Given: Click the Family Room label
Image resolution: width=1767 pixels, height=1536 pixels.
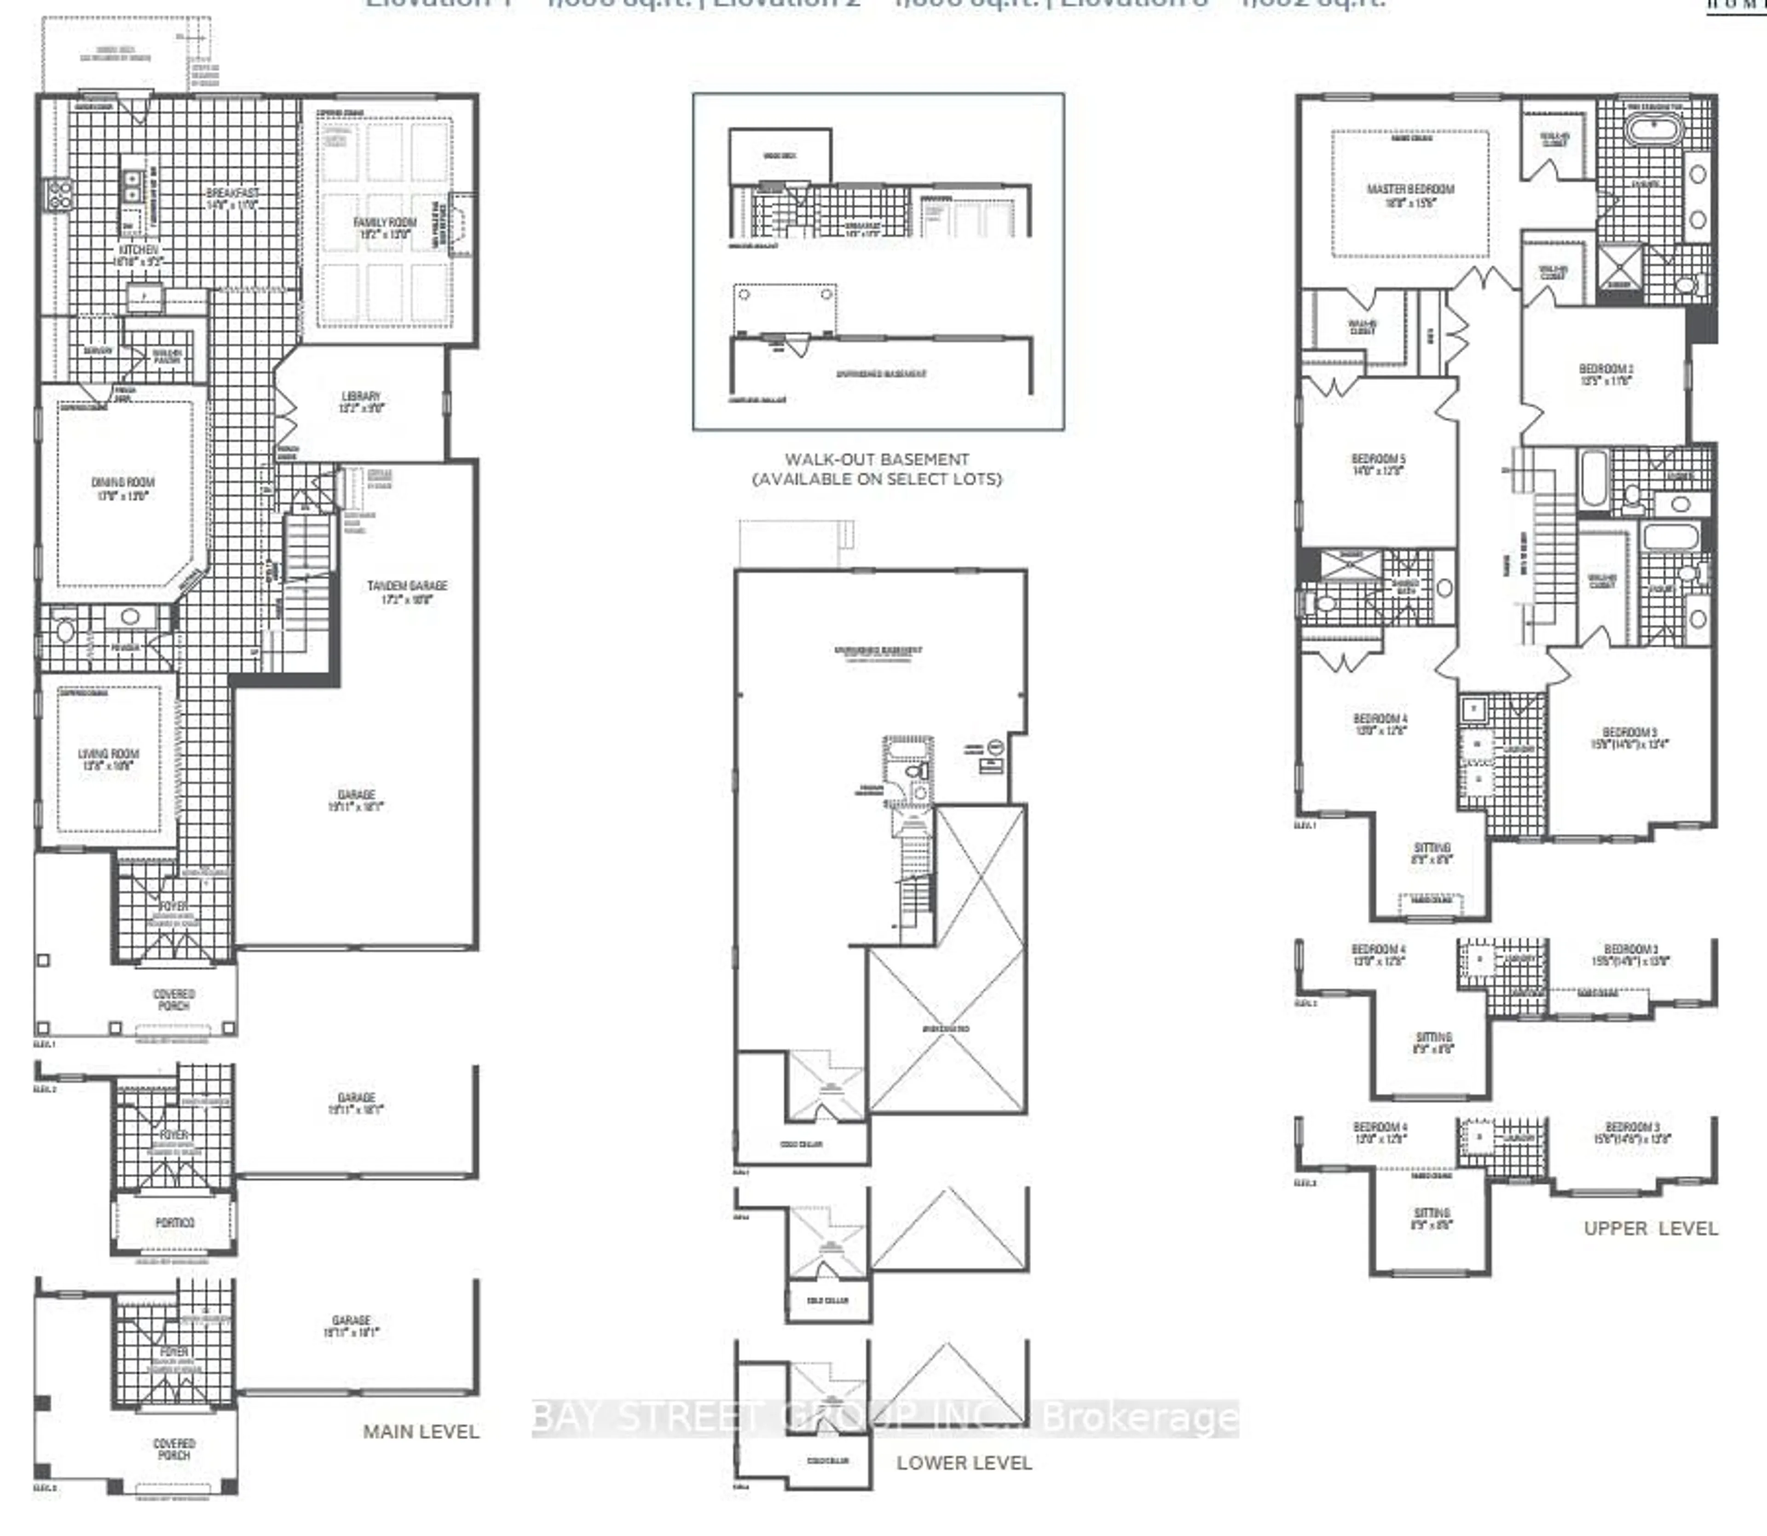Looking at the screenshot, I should [385, 227].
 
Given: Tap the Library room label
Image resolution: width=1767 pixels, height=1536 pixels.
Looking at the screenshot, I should [361, 402].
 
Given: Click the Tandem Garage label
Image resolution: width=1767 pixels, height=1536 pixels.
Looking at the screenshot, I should [407, 592].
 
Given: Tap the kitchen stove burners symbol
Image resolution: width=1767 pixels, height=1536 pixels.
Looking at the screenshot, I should [59, 196].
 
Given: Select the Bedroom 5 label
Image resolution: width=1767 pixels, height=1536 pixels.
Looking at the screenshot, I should [1378, 465].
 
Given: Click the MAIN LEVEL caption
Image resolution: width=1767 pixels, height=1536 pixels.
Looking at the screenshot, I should [421, 1432].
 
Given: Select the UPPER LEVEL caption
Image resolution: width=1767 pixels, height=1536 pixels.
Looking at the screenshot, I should [1651, 1228].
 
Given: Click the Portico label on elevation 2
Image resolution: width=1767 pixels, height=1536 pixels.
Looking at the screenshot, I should [175, 1222].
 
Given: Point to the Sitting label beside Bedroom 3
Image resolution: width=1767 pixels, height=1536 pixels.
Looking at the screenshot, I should [1432, 853].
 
